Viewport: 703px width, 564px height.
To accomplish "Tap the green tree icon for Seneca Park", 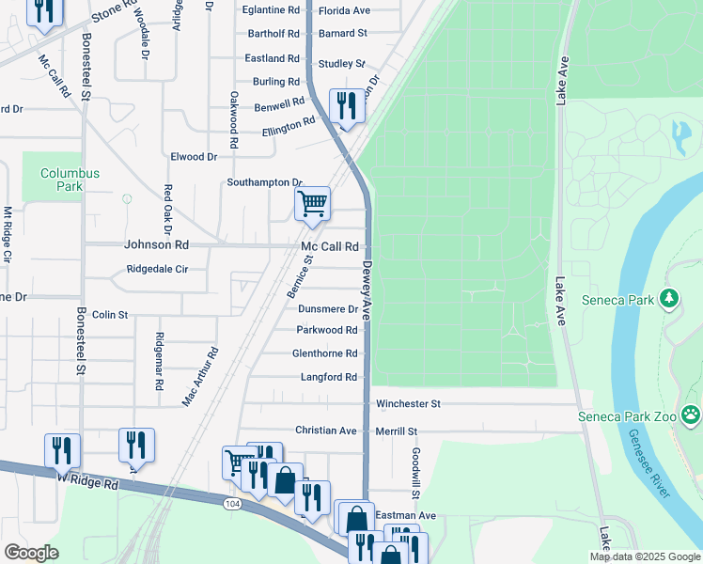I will (x=669, y=299).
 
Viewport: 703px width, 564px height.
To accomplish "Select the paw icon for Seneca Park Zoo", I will (x=691, y=414).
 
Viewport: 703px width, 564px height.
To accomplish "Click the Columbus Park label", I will (x=70, y=180).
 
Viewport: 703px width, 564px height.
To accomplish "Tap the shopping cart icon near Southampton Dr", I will (x=312, y=203).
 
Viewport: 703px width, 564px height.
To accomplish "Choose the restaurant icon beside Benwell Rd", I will (x=345, y=105).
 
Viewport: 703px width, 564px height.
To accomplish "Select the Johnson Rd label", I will (x=157, y=244).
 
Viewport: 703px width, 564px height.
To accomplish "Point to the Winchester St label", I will (x=408, y=404).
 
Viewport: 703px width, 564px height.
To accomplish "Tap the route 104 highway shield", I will (x=232, y=505).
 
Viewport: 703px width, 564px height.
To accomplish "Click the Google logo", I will (x=31, y=553).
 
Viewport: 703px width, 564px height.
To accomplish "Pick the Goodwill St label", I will (x=414, y=473).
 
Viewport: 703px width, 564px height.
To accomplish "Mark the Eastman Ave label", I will (x=406, y=516).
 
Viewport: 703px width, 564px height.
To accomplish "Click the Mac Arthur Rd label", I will (x=200, y=376).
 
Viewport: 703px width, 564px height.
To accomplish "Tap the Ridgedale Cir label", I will (x=158, y=269).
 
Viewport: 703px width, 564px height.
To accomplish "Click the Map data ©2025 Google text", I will (x=644, y=556).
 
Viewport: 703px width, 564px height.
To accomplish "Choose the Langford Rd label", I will (x=329, y=377).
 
